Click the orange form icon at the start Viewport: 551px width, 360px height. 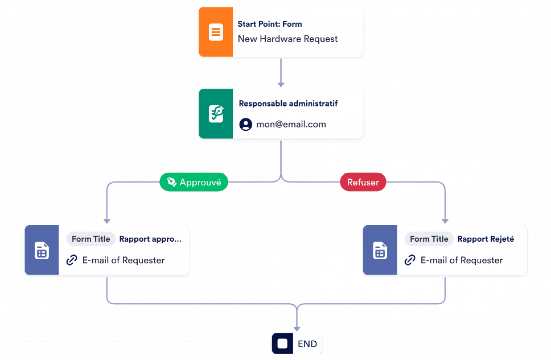click(x=216, y=32)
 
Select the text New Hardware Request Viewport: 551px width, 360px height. click(x=287, y=39)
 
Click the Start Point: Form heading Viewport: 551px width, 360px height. click(x=270, y=24)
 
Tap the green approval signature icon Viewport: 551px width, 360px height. click(x=216, y=114)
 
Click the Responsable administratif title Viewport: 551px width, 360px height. click(x=288, y=104)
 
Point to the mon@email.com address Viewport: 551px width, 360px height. click(x=291, y=125)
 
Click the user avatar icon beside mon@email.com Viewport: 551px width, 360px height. click(x=246, y=125)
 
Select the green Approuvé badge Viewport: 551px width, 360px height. click(x=194, y=182)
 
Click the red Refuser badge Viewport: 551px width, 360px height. click(x=363, y=182)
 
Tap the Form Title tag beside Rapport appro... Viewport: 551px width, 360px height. click(x=91, y=239)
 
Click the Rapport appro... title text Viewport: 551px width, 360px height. click(x=150, y=239)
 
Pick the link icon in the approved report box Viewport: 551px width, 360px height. click(x=72, y=260)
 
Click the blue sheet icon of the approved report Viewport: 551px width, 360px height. click(x=42, y=250)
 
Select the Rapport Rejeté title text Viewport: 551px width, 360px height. click(x=486, y=239)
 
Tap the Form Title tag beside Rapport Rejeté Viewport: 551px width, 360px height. click(x=429, y=239)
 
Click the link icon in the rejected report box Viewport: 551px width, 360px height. click(x=410, y=260)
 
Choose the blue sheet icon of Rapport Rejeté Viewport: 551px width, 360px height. click(x=380, y=250)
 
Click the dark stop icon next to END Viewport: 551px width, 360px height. click(x=282, y=344)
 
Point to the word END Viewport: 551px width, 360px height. click(x=307, y=344)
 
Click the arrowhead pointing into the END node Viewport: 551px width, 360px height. click(x=297, y=329)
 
